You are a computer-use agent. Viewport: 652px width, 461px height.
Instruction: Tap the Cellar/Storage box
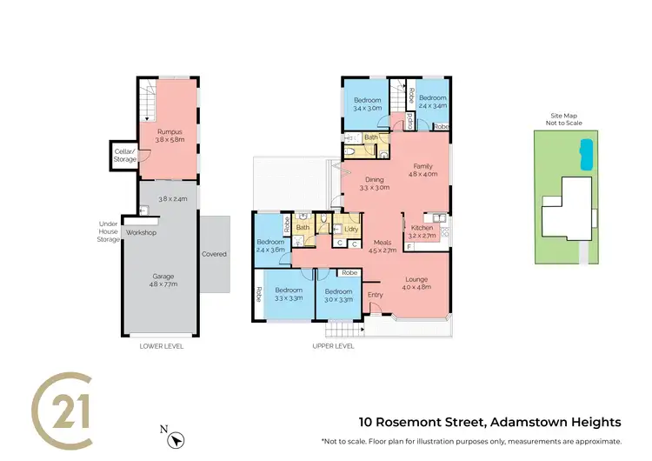(x=123, y=154)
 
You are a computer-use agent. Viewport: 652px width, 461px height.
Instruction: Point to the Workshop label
(x=142, y=233)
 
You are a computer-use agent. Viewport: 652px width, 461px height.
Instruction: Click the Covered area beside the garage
(x=214, y=254)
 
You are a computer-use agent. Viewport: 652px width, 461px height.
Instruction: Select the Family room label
(x=422, y=169)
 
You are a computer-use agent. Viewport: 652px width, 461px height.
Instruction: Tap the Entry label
(x=375, y=294)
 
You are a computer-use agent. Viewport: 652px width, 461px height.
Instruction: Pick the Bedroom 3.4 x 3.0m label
(x=367, y=104)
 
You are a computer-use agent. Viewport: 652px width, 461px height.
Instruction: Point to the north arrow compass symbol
(x=177, y=440)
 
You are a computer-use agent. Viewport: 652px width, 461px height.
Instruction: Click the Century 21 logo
(x=63, y=409)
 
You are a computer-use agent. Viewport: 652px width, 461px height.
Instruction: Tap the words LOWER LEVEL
(x=162, y=345)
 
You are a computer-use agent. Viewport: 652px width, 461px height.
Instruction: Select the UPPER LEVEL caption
(x=333, y=345)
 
